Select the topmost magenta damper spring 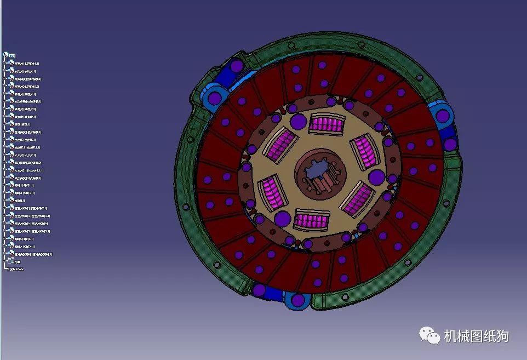click(326, 123)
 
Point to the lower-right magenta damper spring click(357, 198)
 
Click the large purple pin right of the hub click(376, 177)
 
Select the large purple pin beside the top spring click(297, 122)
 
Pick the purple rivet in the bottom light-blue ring click(299, 300)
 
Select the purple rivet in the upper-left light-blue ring click(214, 98)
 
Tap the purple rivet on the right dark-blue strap click(450, 144)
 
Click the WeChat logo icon click(429, 335)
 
